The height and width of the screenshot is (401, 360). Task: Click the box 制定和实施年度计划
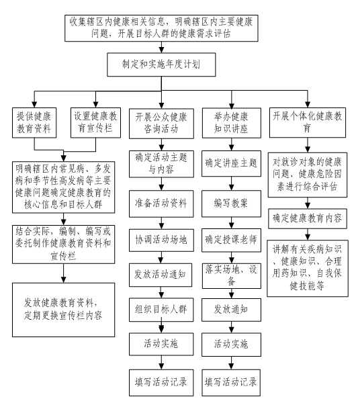coord(161,64)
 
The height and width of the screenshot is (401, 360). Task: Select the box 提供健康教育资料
coord(34,123)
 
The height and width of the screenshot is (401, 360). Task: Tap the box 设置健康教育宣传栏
coord(95,123)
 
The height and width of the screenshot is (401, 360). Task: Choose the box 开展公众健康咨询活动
coord(161,124)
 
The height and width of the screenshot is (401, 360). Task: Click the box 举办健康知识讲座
coord(232,123)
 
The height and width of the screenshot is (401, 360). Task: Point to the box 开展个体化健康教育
coord(308,123)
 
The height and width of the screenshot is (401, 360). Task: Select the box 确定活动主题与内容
coord(161,164)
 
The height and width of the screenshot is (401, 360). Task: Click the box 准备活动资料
coord(161,204)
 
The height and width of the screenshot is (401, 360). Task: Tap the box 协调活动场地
coord(161,240)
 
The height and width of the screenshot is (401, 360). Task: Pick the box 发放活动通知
coord(161,275)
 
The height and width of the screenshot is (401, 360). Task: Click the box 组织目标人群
coord(161,310)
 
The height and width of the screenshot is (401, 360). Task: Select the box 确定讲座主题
coord(232,163)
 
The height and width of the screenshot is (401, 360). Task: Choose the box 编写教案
coord(232,204)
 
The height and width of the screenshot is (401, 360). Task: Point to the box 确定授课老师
coord(232,240)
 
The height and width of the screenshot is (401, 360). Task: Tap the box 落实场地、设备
coord(232,276)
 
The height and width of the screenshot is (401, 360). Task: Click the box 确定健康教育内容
coord(308,219)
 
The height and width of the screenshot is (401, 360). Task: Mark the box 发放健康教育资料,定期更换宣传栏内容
coord(63,310)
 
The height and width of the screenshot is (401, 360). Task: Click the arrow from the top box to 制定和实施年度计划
coord(161,47)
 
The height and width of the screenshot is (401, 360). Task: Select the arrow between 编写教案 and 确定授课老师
coord(232,223)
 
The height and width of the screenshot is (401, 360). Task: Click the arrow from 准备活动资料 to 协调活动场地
coord(161,223)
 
